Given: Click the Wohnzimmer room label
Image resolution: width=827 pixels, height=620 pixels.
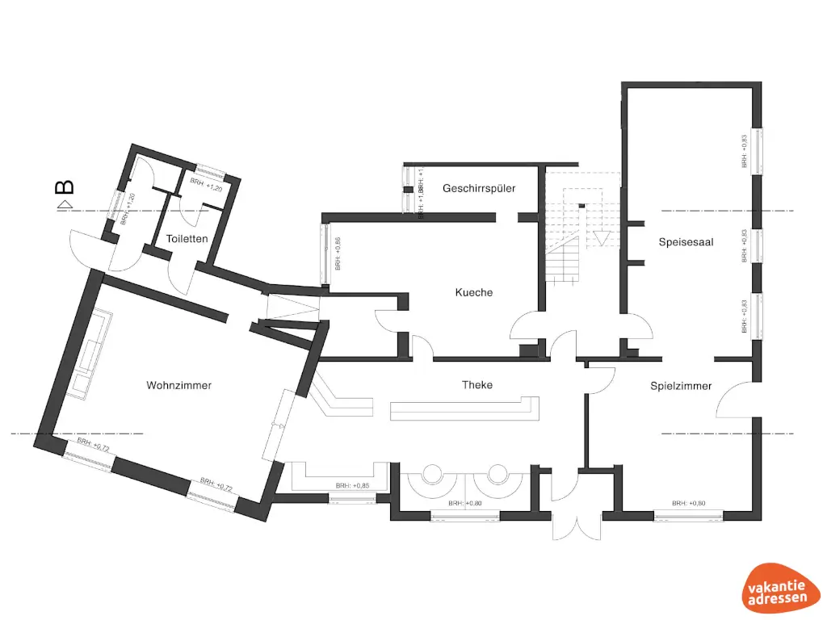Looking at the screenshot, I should pyautogui.click(x=178, y=385).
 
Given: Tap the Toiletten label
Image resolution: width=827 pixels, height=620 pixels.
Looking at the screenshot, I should pyautogui.click(x=187, y=239).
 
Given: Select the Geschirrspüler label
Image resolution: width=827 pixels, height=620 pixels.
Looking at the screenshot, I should pyautogui.click(x=479, y=188).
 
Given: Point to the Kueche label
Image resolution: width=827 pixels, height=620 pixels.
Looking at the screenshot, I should pyautogui.click(x=473, y=292).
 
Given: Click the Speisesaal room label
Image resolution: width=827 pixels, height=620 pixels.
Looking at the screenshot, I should pyautogui.click(x=686, y=241).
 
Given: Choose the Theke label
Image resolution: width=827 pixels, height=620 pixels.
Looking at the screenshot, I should pyautogui.click(x=477, y=385).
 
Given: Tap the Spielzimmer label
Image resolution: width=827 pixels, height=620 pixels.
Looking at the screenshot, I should pyautogui.click(x=681, y=386).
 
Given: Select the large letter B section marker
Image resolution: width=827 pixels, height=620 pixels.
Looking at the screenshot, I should pyautogui.click(x=65, y=187).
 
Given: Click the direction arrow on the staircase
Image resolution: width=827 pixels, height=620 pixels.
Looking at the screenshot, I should pyautogui.click(x=601, y=238).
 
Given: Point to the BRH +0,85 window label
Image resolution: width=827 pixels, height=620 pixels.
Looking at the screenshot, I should pyautogui.click(x=352, y=486).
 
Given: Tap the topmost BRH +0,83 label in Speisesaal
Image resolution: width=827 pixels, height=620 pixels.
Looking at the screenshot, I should pyautogui.click(x=744, y=151).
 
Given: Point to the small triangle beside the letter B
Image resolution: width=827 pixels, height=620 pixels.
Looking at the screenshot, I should pyautogui.click(x=62, y=207).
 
